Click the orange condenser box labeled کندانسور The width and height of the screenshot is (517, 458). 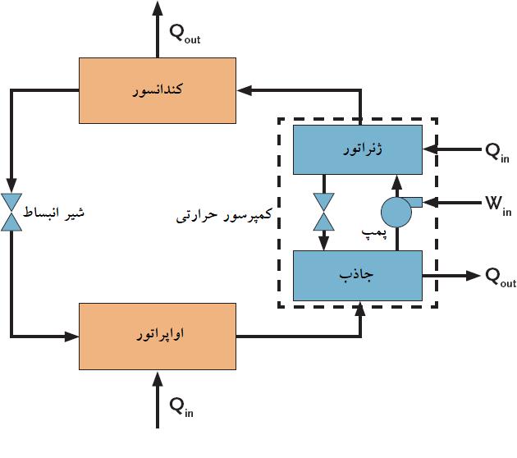pyautogui.click(x=157, y=90)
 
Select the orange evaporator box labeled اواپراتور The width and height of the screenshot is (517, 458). pyautogui.click(x=157, y=336)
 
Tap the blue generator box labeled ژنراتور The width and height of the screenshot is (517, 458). pyautogui.click(x=358, y=149)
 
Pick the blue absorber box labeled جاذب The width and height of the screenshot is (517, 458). pyautogui.click(x=358, y=276)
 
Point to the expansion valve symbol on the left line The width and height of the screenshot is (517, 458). pyautogui.click(x=12, y=212)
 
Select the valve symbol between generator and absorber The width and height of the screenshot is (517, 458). pyautogui.click(x=324, y=211)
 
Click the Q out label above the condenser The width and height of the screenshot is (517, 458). pyautogui.click(x=184, y=34)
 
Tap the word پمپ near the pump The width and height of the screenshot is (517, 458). pyautogui.click(x=374, y=234)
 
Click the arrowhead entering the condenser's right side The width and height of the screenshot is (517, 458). pyautogui.click(x=243, y=90)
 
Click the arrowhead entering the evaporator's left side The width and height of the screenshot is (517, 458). pyautogui.click(x=71, y=336)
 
